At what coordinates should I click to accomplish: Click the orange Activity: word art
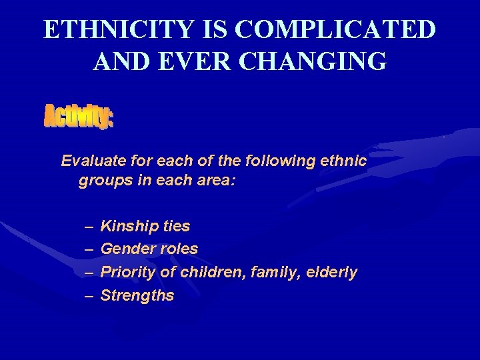point(79,118)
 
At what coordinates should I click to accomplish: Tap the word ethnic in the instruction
point(343,161)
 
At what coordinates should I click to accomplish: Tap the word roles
point(179,249)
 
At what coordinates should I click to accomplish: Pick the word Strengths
point(137,296)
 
